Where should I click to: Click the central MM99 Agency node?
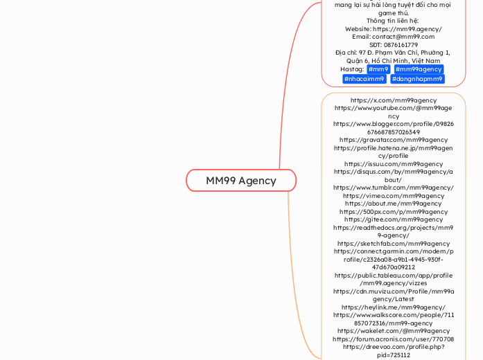point(240,181)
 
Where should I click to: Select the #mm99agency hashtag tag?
point(419,69)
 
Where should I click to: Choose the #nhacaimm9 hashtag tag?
point(365,79)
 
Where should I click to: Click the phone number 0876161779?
point(393,44)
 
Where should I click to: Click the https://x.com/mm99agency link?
point(393,100)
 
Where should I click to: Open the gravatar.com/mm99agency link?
point(393,140)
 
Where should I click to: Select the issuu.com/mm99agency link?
point(393,164)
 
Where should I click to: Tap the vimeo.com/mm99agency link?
point(393,196)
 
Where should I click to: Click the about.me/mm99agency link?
point(393,204)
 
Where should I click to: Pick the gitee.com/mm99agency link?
point(393,219)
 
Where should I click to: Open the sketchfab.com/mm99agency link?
point(393,244)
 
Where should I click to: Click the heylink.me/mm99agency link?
point(393,307)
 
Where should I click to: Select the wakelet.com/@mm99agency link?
point(393,331)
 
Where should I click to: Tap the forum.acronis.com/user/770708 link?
point(393,339)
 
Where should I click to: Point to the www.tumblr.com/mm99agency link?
point(393,188)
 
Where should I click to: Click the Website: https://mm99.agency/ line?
point(393,29)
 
